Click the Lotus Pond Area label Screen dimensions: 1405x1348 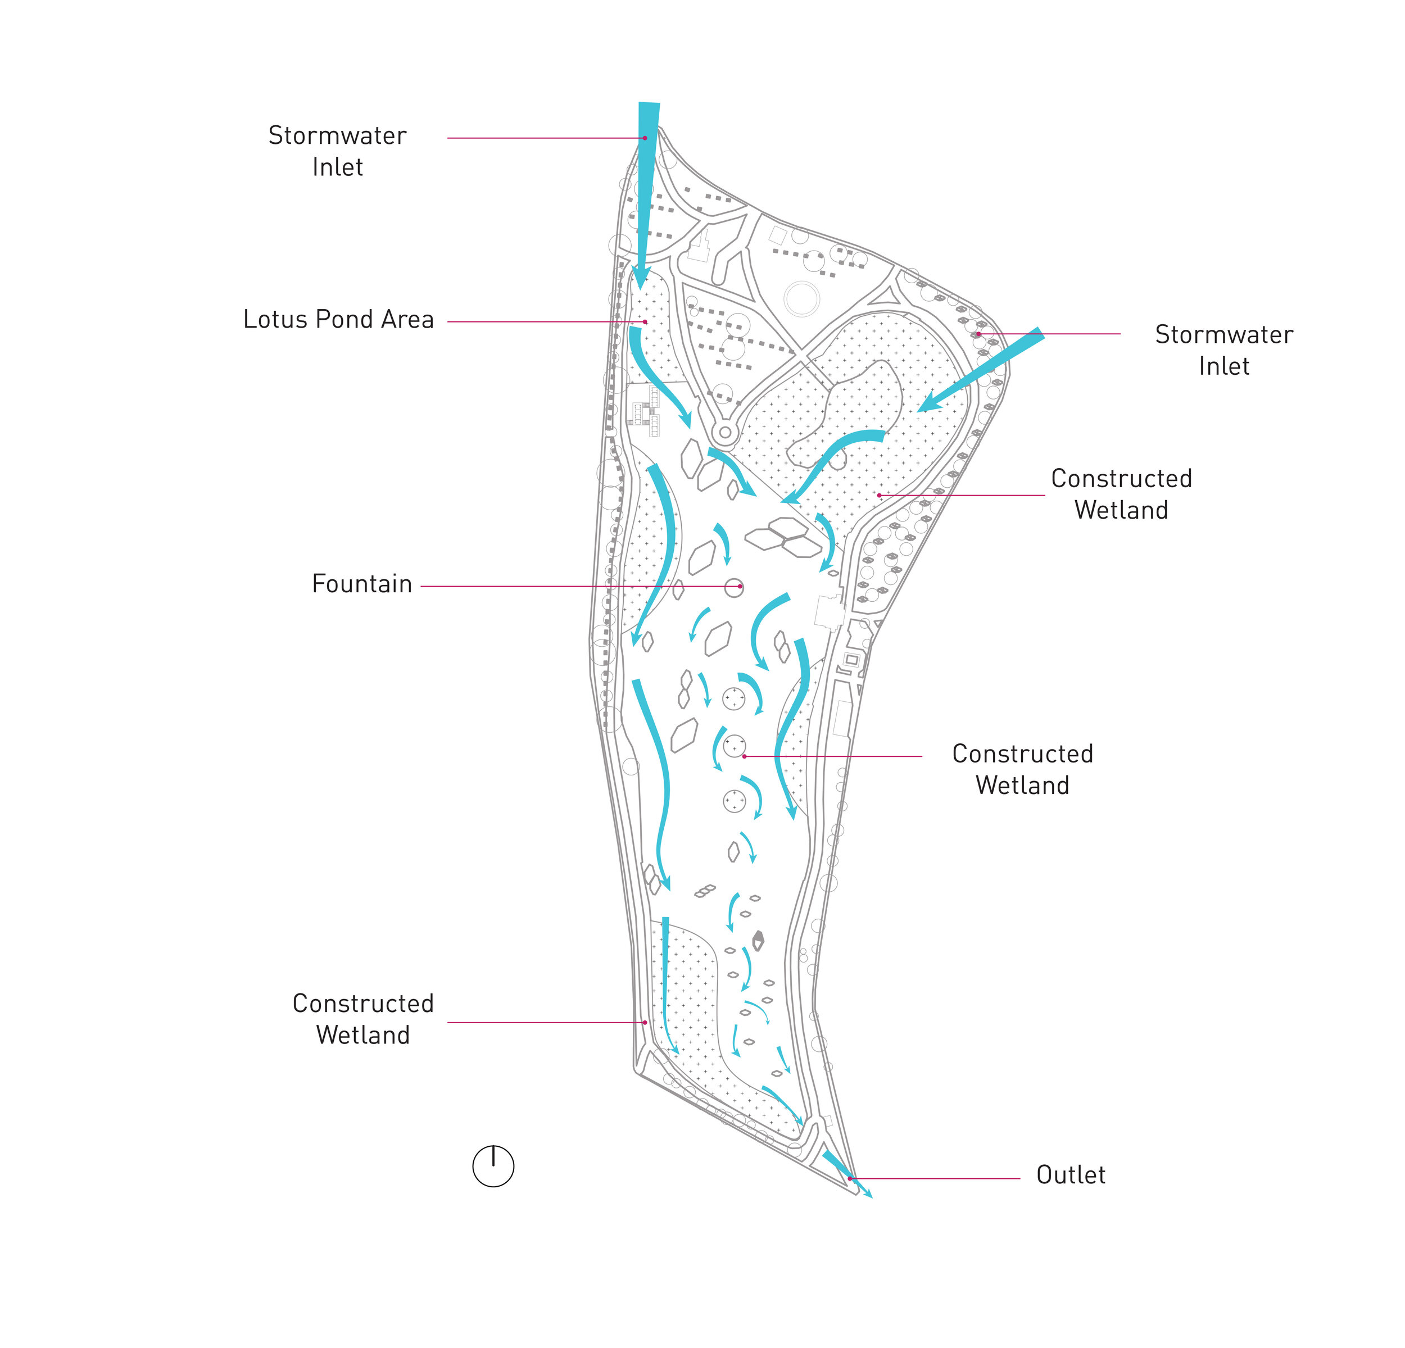pos(338,320)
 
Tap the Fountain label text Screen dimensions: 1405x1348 pos(362,584)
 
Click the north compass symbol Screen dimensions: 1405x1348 pos(493,1166)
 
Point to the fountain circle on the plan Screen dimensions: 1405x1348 pos(733,588)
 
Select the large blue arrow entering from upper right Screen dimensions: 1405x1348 pos(982,370)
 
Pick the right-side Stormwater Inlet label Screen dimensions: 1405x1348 pos(1223,350)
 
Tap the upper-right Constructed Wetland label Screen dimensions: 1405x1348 pos(1121,494)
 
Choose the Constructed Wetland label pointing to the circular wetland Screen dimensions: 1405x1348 pos(1022,769)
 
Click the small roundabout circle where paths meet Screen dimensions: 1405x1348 pos(725,433)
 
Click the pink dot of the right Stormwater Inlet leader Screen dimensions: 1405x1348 pos(978,334)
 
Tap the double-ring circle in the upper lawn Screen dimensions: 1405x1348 pos(801,298)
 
